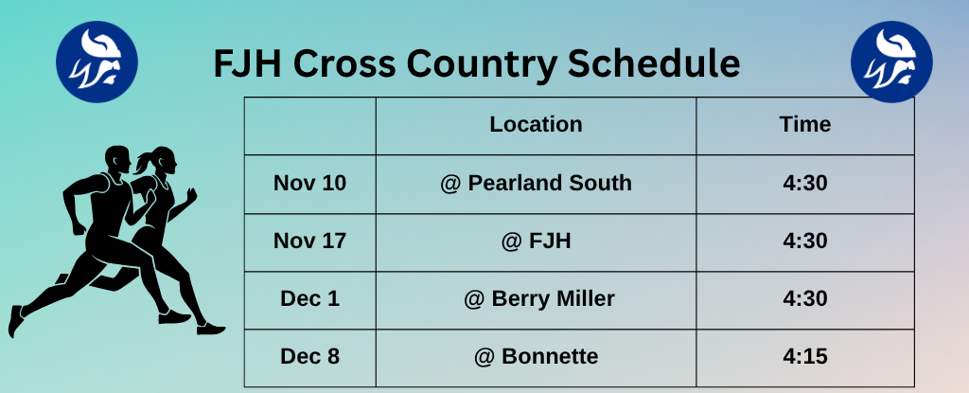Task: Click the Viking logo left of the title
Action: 97,63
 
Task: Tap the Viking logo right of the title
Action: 891,63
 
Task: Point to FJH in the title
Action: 248,64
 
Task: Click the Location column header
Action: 536,124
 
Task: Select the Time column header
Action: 805,124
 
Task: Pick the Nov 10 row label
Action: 309,183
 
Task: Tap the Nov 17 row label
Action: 309,241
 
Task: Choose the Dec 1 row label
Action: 309,299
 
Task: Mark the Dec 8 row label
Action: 309,357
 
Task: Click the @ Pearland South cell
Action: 536,183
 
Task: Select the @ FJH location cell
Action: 536,241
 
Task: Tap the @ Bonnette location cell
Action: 536,357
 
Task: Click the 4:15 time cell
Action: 805,357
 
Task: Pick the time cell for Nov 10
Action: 805,183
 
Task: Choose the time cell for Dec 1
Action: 805,299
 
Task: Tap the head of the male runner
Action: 117,157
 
